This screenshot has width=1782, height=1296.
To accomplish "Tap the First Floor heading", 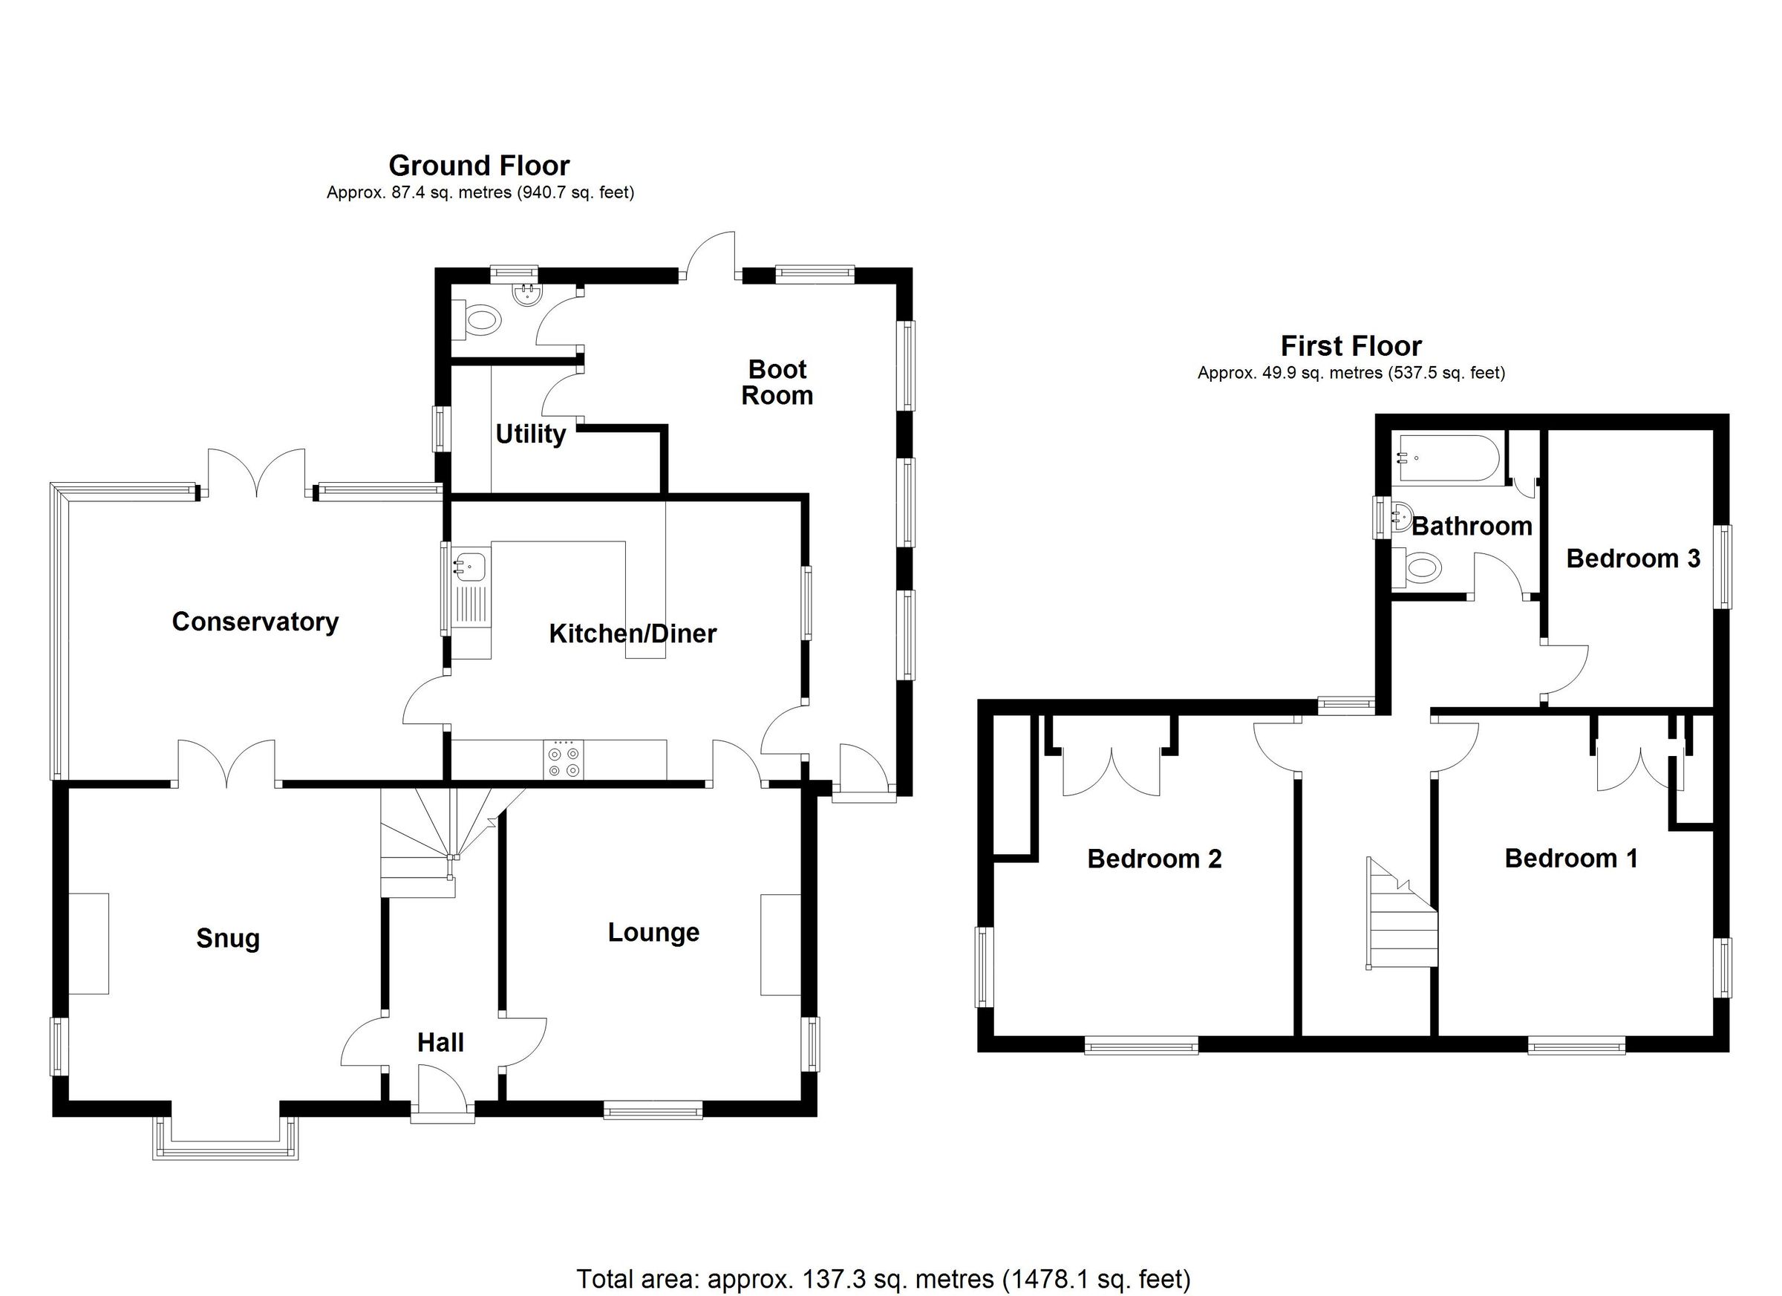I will [1351, 346].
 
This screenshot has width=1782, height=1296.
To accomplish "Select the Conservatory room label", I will [255, 622].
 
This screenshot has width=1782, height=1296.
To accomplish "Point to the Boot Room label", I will [777, 382].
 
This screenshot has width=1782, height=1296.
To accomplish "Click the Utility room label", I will [530, 434].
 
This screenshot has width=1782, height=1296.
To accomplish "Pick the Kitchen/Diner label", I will [633, 634].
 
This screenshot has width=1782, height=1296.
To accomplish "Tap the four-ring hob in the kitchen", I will [564, 760].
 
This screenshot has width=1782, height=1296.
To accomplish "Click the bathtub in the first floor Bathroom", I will [1446, 458].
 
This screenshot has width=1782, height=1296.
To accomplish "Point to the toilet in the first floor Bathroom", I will [1417, 568].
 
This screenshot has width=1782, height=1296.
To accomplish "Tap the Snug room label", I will [228, 939].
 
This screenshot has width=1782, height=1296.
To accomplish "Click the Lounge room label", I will [653, 933].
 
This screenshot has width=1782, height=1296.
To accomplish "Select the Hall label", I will [440, 1043].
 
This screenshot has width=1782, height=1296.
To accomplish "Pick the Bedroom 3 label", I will [1633, 559].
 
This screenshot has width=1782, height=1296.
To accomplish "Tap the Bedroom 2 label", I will [1154, 859].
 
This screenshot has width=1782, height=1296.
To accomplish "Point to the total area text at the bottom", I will [883, 1279].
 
